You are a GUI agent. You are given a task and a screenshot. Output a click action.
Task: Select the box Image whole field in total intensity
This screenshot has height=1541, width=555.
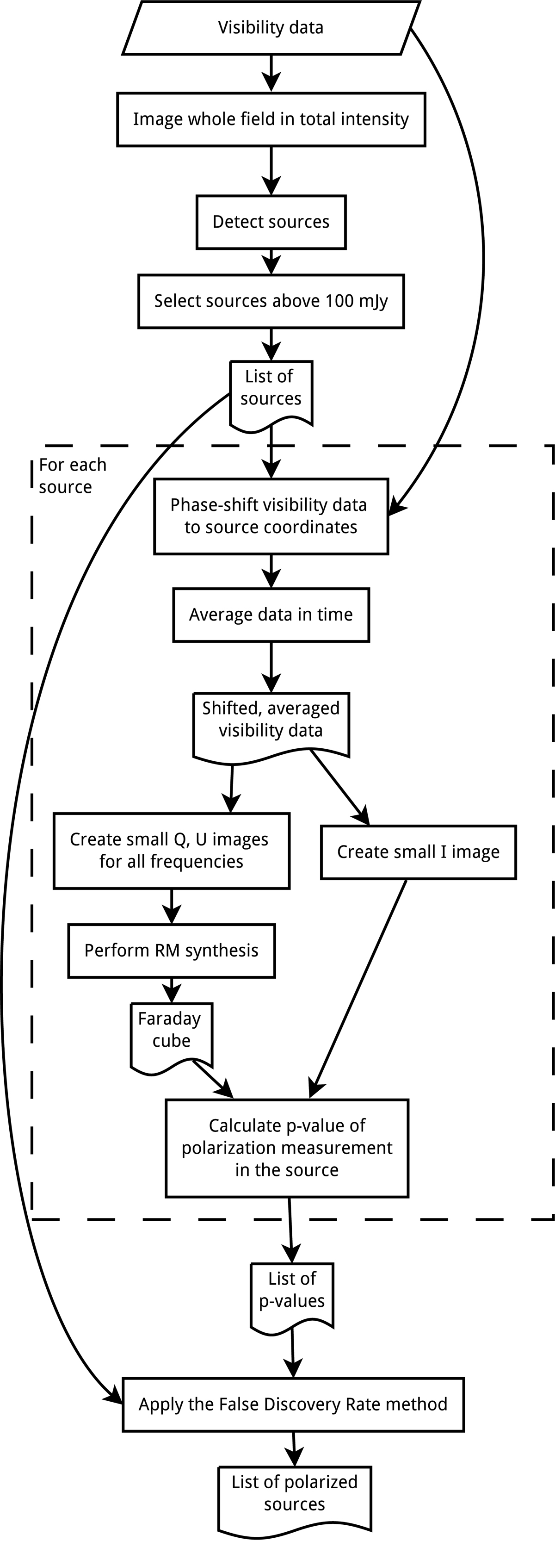(x=271, y=119)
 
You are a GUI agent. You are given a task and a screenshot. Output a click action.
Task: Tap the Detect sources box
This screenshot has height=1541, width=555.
(x=271, y=222)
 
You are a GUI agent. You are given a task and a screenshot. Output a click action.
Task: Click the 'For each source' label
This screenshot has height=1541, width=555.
(x=72, y=476)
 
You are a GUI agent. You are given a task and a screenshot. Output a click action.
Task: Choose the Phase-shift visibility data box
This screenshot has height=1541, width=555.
(x=271, y=516)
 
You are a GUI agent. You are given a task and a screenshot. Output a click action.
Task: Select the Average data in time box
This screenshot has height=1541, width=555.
(x=271, y=615)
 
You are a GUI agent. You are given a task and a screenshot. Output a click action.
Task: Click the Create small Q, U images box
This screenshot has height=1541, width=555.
(x=171, y=850)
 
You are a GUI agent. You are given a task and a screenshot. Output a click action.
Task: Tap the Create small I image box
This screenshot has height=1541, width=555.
(x=418, y=852)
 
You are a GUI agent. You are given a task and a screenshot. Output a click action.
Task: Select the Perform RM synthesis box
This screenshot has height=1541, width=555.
(x=171, y=951)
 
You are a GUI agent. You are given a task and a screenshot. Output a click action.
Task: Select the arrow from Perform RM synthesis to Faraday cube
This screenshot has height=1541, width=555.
(x=172, y=989)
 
